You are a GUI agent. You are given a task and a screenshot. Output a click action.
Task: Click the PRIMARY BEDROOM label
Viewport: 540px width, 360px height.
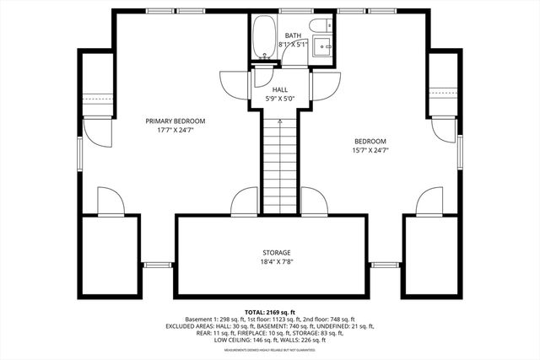[x=175, y=121]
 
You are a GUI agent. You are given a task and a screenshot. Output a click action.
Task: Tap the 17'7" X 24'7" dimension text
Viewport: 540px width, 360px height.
[x=175, y=131]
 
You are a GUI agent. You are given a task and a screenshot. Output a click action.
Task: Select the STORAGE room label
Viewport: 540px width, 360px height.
[x=276, y=253]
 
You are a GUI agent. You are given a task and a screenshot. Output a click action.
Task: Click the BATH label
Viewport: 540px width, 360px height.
[x=293, y=35]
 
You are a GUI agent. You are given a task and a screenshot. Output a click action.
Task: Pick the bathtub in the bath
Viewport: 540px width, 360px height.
[x=262, y=39]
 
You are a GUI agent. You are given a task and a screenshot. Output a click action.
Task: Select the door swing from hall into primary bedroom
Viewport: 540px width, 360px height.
[x=231, y=83]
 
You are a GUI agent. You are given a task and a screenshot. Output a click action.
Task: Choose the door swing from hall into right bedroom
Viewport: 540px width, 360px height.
[x=327, y=83]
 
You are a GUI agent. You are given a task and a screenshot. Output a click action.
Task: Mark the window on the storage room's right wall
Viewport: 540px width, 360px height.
[x=385, y=265]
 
